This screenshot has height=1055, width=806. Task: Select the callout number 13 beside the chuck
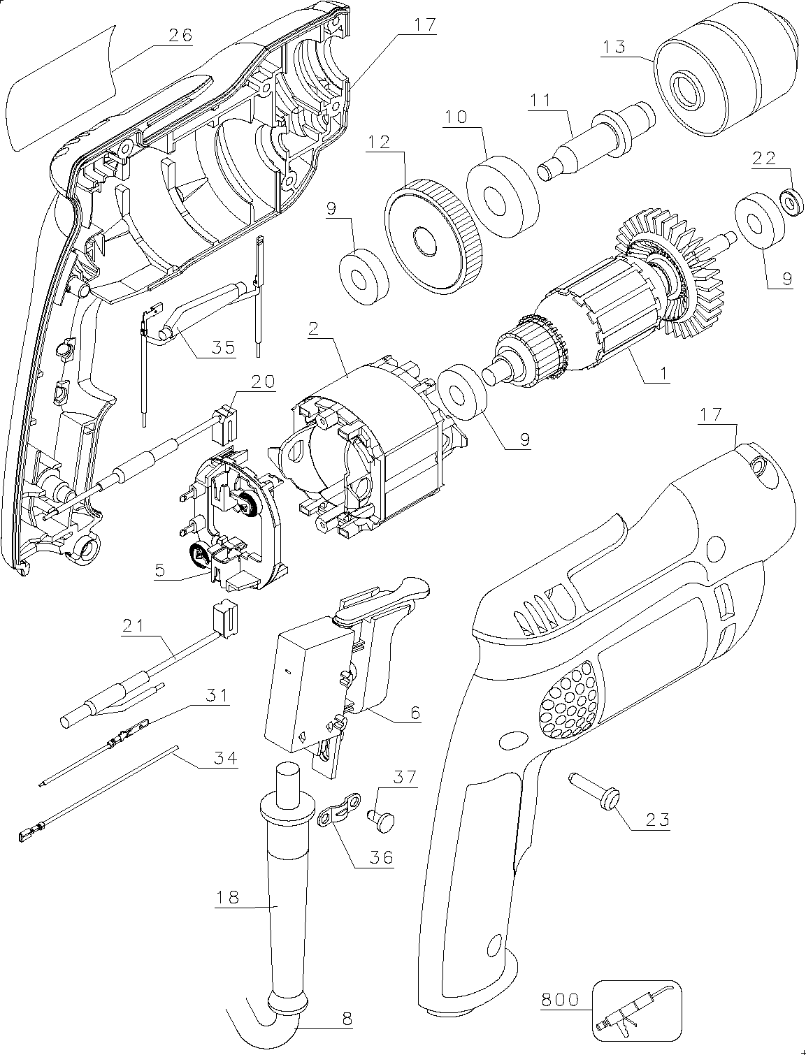click(x=614, y=47)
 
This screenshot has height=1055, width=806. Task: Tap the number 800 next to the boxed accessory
click(x=559, y=1001)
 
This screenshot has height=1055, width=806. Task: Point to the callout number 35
click(x=223, y=347)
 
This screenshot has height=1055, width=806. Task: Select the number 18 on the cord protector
click(x=227, y=897)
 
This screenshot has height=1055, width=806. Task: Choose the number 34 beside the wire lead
click(x=224, y=759)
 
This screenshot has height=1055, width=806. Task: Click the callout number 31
click(x=217, y=695)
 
